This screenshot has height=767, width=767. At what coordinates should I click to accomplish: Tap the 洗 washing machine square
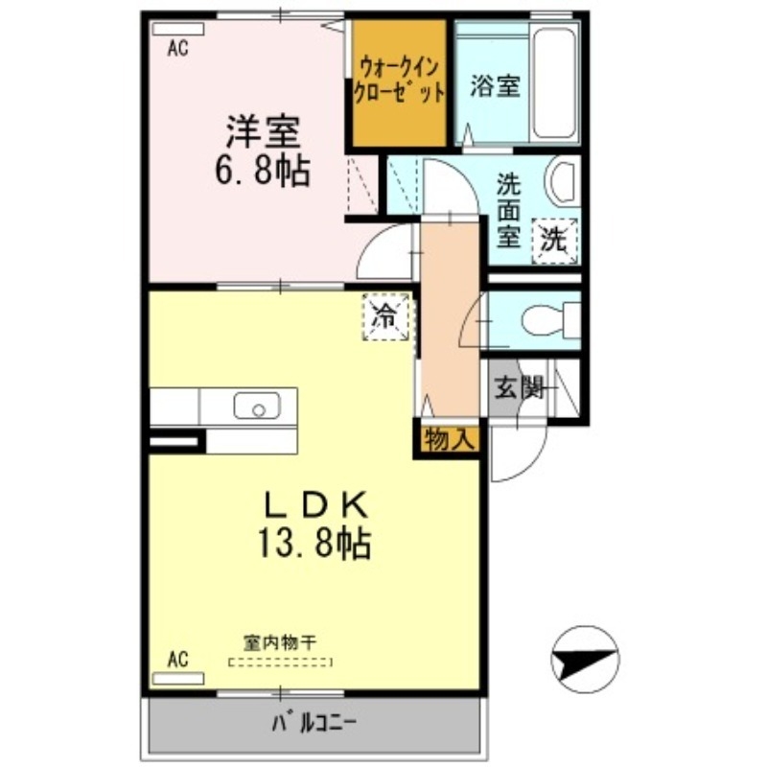(554, 240)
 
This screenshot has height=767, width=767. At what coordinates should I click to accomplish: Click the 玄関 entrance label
(519, 387)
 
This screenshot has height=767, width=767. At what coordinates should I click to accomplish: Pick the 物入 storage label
(448, 440)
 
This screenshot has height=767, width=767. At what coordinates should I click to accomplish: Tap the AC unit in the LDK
(179, 677)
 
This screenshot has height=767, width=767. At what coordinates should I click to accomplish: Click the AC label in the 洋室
(178, 49)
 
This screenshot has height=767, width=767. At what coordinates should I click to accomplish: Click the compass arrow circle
(585, 660)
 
